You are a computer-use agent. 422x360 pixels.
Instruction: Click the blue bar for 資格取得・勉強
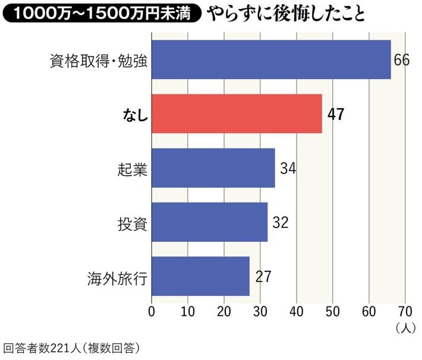click(271, 59)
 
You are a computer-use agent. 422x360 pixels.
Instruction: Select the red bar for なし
click(237, 113)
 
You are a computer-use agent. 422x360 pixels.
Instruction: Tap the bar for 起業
click(213, 168)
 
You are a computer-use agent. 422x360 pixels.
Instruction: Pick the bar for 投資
click(209, 222)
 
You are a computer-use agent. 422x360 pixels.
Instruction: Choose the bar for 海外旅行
click(200, 276)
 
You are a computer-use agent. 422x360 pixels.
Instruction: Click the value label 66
click(402, 60)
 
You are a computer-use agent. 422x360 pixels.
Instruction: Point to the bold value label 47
click(336, 114)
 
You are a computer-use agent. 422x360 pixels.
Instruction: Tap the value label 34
click(288, 168)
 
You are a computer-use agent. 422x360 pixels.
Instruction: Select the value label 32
click(281, 222)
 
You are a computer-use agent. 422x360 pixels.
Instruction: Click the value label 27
click(263, 277)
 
